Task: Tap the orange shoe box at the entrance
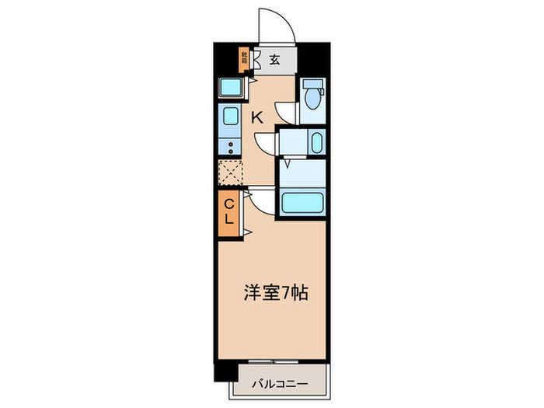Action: click(244, 58)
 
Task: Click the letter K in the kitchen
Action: click(256, 117)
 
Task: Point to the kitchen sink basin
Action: click(231, 117)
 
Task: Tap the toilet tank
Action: click(312, 84)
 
